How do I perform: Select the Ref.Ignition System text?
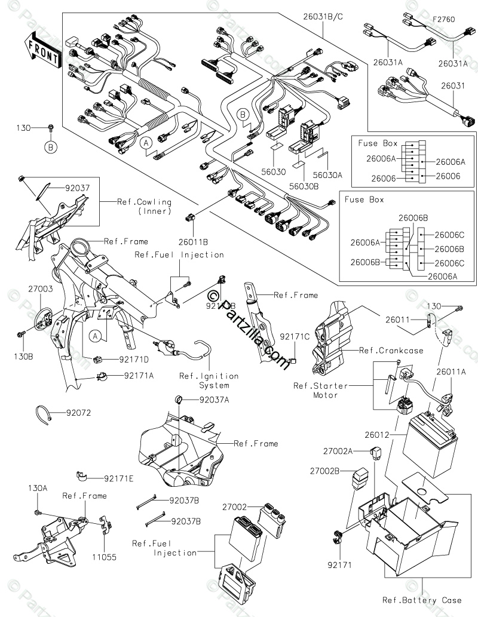point(208,380)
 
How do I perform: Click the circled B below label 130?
point(50,145)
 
